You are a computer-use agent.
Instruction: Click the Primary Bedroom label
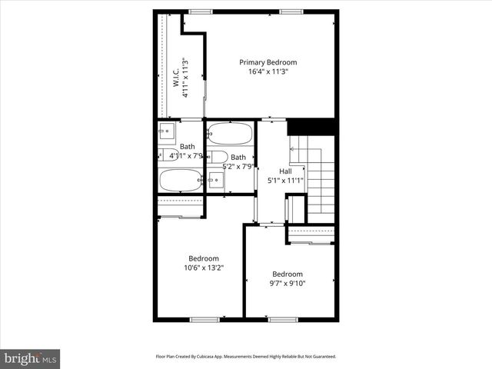268,62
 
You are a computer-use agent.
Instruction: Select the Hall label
285,171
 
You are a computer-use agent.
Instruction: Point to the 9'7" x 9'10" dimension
287,284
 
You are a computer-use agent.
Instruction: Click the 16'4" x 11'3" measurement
268,72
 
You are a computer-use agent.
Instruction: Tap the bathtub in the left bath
181,180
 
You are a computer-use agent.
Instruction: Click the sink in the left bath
167,133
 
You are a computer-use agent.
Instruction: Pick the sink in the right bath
216,180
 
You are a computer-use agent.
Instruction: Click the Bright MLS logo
30,358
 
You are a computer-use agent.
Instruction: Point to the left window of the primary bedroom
201,12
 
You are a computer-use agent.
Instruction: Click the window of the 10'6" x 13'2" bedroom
204,319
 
